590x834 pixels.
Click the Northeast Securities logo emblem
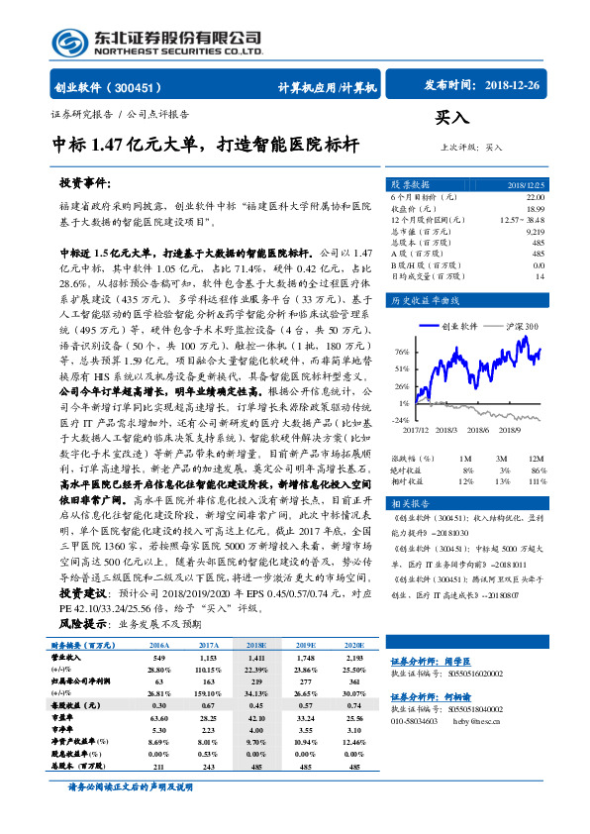[68, 41]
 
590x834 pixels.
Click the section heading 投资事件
[85, 184]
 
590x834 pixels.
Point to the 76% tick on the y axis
[402, 353]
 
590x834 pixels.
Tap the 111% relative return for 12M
[536, 480]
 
